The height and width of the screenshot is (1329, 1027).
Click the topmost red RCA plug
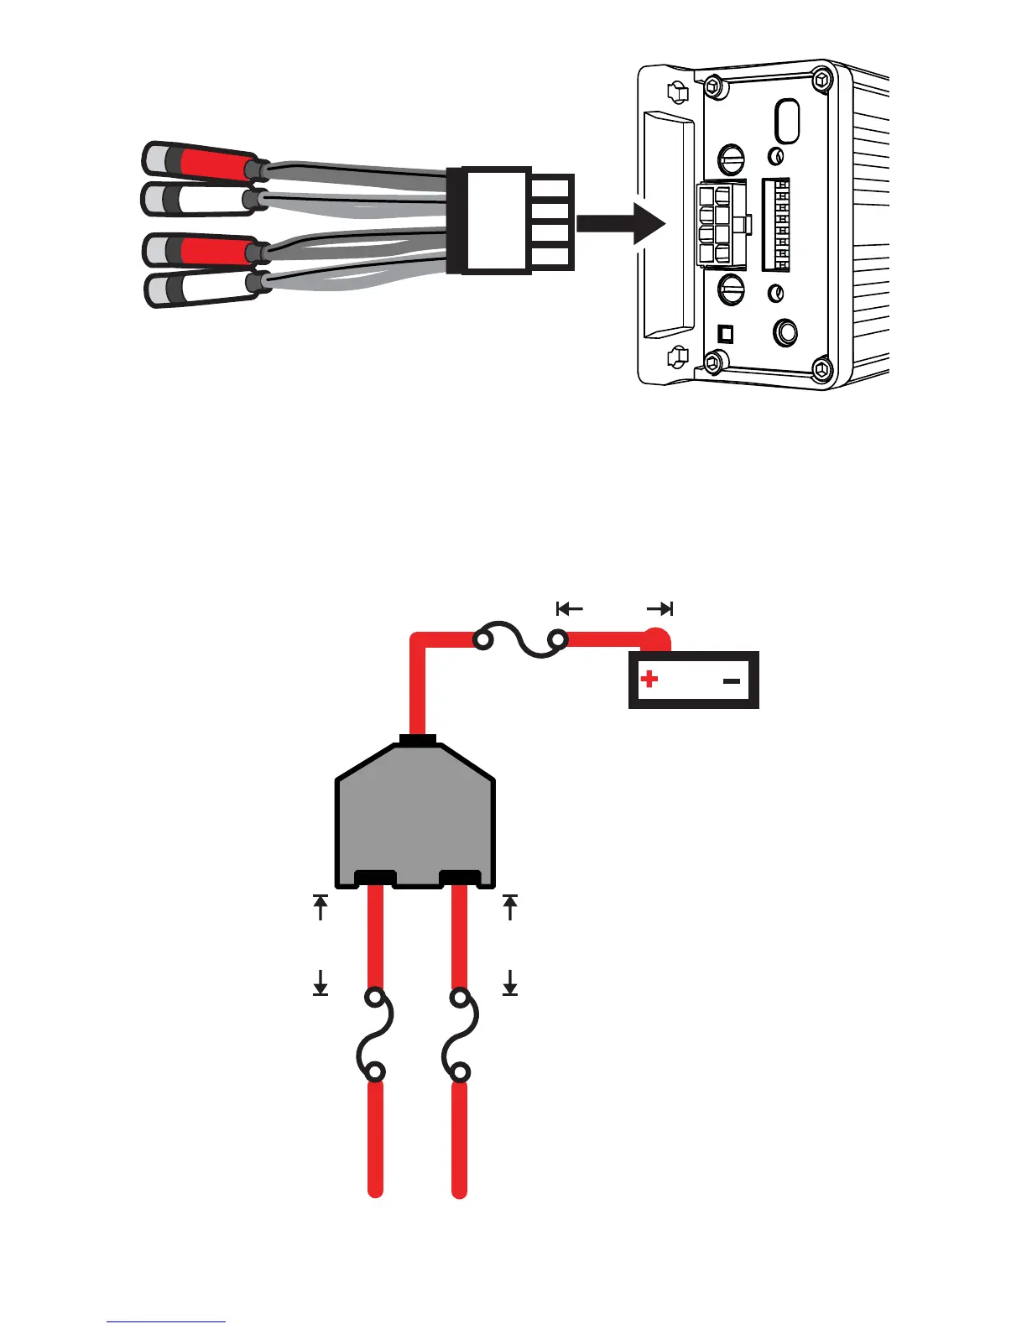click(x=201, y=162)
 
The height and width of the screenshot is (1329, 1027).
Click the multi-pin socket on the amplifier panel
click(x=720, y=225)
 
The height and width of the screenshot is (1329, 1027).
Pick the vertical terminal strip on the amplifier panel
click(x=776, y=224)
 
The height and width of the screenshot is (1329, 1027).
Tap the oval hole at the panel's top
click(x=786, y=122)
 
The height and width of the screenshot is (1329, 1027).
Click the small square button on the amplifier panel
click(x=726, y=333)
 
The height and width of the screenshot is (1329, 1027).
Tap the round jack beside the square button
click(x=785, y=332)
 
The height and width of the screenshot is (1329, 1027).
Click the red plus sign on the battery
click(x=649, y=679)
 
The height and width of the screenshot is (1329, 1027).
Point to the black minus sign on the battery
click(x=732, y=680)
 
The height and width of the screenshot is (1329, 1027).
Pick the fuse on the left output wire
click(x=374, y=1035)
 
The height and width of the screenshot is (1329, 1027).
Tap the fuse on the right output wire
click(x=460, y=1035)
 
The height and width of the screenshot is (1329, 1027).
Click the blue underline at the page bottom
click(x=166, y=1322)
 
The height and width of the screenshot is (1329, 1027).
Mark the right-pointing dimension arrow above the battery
click(x=660, y=608)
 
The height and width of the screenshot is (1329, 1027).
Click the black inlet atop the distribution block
click(x=417, y=740)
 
